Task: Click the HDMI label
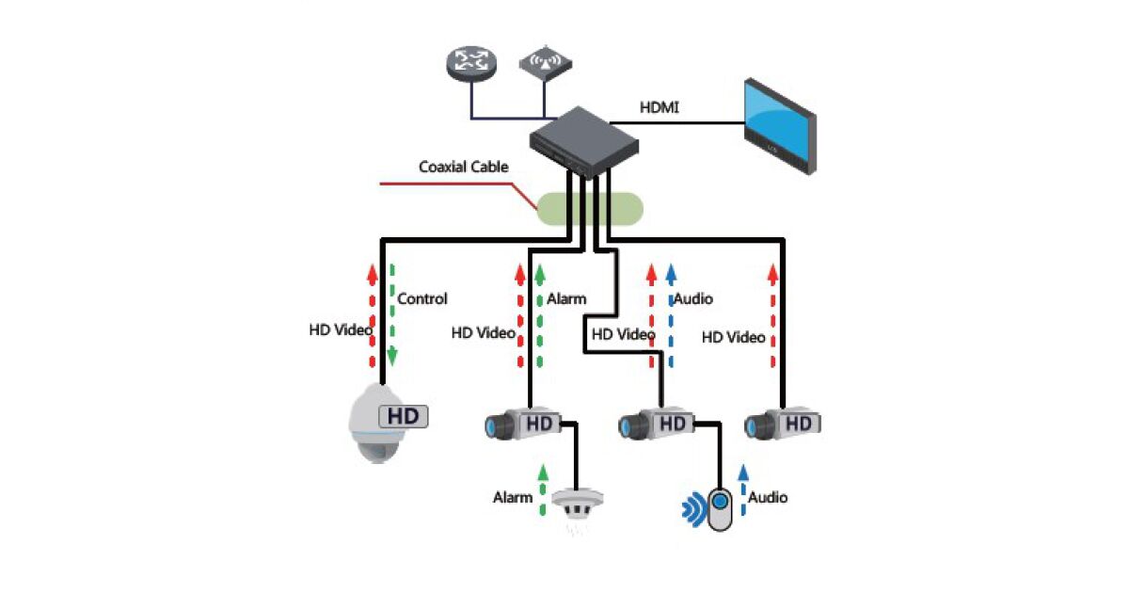tap(660, 108)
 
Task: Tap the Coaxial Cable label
tap(463, 168)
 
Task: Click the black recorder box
tap(583, 141)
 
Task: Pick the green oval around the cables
tap(591, 208)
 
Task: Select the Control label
tap(422, 299)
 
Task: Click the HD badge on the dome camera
tap(403, 415)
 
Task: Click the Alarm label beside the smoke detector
tap(513, 497)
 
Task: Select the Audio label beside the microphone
tap(768, 497)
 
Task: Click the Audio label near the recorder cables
tap(692, 299)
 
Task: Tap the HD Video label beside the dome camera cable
tap(341, 330)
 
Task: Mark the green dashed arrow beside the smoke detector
tap(542, 489)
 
